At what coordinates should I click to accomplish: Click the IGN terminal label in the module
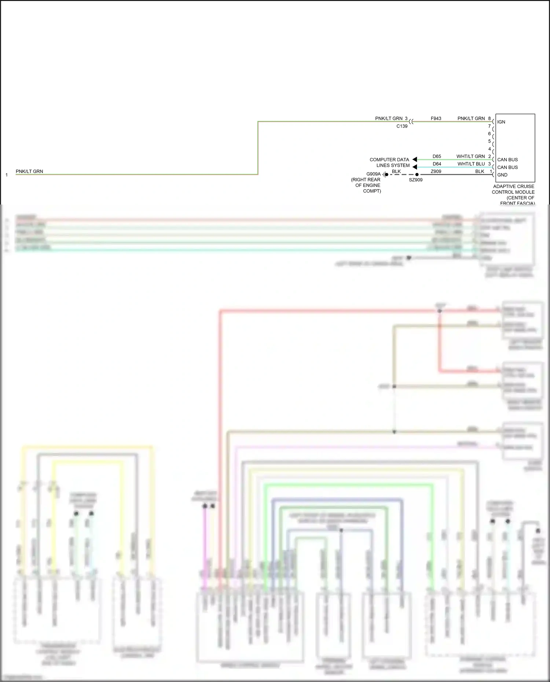tap(501, 122)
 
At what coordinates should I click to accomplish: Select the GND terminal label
tap(502, 175)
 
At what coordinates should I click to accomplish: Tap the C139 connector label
tap(401, 126)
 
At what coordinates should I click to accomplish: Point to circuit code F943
tap(436, 118)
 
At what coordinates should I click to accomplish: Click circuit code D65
tap(436, 156)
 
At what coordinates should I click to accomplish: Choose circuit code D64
tap(436, 164)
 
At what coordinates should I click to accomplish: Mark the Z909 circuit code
tap(436, 172)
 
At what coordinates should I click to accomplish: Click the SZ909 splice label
tap(415, 180)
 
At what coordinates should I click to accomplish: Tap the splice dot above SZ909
tap(417, 174)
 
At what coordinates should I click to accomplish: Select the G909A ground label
tap(373, 174)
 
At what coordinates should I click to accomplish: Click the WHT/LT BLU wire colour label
tap(471, 164)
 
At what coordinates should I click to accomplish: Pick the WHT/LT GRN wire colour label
tap(470, 156)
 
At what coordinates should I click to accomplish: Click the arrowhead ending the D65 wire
tap(415, 159)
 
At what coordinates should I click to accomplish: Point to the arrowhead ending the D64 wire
tap(415, 167)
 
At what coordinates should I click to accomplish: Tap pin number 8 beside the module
tap(489, 118)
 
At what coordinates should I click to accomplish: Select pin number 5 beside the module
tap(489, 141)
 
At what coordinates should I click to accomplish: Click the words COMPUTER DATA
tap(389, 160)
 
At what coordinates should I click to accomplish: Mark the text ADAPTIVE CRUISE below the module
tap(513, 187)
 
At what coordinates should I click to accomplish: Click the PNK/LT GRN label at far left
tap(29, 171)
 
